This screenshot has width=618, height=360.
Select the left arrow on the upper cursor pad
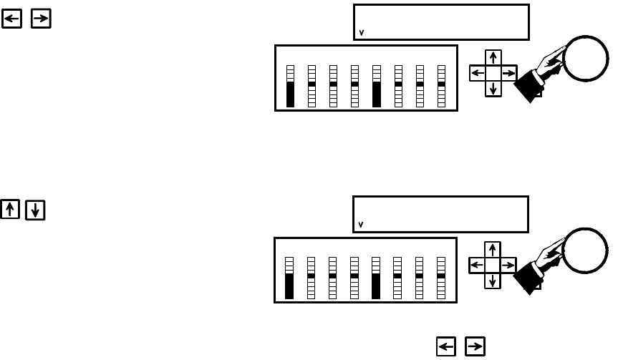tap(477, 73)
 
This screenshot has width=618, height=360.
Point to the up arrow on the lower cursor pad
tap(493, 250)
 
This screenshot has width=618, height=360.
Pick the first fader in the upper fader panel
tap(290, 86)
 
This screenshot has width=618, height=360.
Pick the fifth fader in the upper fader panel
tap(376, 86)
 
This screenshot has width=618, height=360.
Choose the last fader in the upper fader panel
tap(441, 86)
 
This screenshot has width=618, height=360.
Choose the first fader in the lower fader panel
tap(289, 278)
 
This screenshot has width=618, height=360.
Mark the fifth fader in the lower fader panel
tap(376, 278)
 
